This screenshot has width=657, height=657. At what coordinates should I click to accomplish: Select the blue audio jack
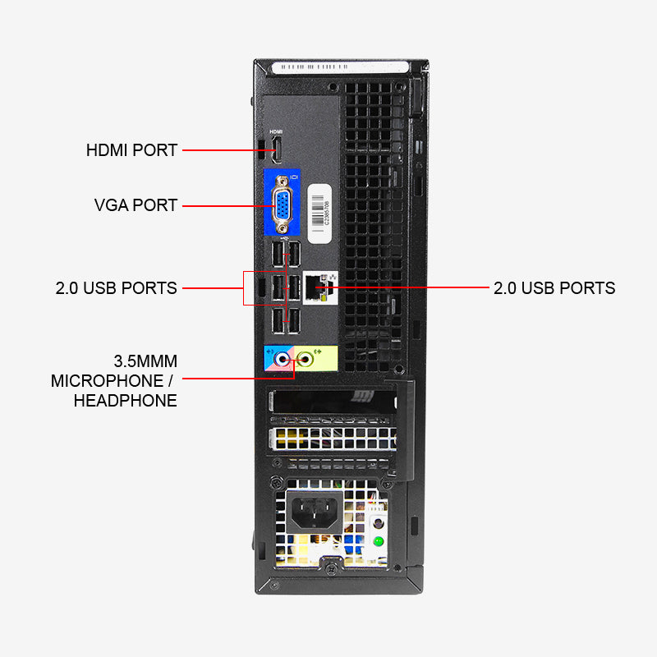(x=284, y=358)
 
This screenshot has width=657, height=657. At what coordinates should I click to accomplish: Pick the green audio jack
(x=308, y=358)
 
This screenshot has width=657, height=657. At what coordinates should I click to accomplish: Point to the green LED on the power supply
(x=379, y=540)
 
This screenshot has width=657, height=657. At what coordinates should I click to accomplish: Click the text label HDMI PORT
(x=131, y=150)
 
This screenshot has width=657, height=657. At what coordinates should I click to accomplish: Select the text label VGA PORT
(x=136, y=205)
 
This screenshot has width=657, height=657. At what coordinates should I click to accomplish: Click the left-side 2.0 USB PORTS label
(x=117, y=288)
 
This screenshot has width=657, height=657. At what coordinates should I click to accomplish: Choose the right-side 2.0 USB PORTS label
(x=554, y=288)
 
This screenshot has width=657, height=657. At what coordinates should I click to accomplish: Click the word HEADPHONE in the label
(x=125, y=401)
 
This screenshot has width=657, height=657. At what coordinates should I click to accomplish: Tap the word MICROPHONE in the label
(x=107, y=381)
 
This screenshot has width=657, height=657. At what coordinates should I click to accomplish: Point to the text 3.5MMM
(x=145, y=361)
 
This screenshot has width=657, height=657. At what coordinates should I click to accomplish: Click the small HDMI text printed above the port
(x=277, y=132)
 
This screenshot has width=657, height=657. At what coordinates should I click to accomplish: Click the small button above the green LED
(x=378, y=523)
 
